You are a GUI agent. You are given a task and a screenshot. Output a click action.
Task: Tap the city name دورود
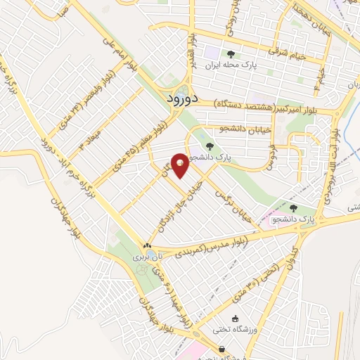tap(179, 100)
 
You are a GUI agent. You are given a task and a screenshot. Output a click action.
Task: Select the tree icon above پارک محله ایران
tap(229, 53)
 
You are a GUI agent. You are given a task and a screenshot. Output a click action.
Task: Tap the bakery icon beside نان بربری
tap(147, 246)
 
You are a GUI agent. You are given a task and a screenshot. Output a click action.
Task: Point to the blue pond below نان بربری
tap(143, 269)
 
